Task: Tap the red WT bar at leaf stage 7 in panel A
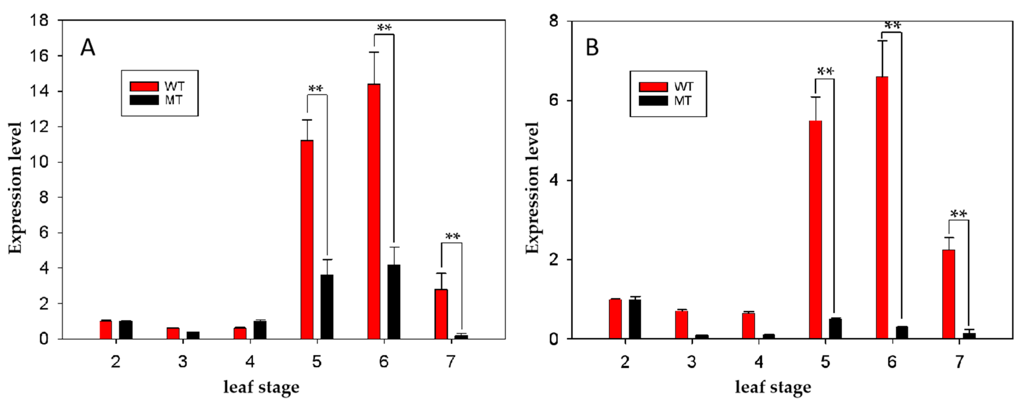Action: click(x=441, y=314)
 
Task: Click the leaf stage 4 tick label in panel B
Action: click(x=759, y=362)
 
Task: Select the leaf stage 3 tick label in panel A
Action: click(x=183, y=362)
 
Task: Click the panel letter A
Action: click(x=88, y=48)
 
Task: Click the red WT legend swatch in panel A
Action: click(x=144, y=86)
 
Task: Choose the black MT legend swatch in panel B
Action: click(x=653, y=101)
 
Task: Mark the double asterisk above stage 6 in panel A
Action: click(x=384, y=28)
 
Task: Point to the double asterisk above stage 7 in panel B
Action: click(x=958, y=214)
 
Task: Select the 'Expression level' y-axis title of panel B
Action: click(x=533, y=187)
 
